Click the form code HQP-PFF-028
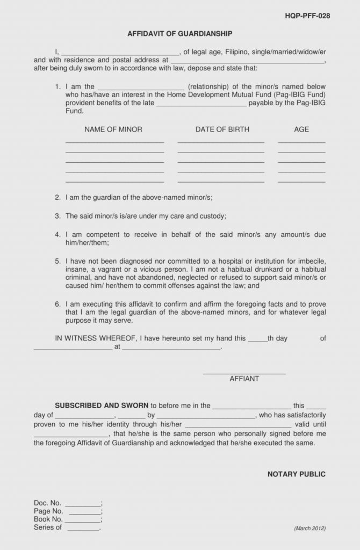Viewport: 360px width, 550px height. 307,16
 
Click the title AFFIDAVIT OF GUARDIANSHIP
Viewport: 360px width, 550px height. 180,34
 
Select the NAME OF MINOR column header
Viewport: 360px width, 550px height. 113,129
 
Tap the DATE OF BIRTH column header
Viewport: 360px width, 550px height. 222,129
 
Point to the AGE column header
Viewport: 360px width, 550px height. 301,129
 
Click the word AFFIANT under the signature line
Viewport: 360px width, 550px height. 244,379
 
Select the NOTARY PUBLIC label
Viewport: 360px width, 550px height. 297,474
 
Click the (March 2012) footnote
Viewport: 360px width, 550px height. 309,529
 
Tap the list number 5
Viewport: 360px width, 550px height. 57,261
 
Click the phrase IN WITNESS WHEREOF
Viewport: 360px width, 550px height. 96,339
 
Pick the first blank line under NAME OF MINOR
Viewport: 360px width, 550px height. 114,142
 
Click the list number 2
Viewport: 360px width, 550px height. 57,198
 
